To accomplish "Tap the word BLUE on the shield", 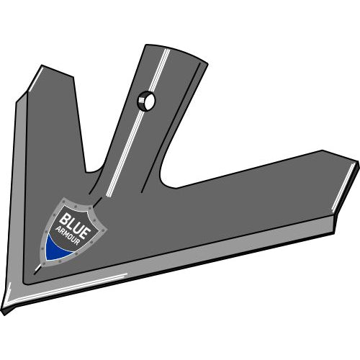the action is (75, 222).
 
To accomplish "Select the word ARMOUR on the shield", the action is (68, 236).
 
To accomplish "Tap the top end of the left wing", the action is (42, 66).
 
